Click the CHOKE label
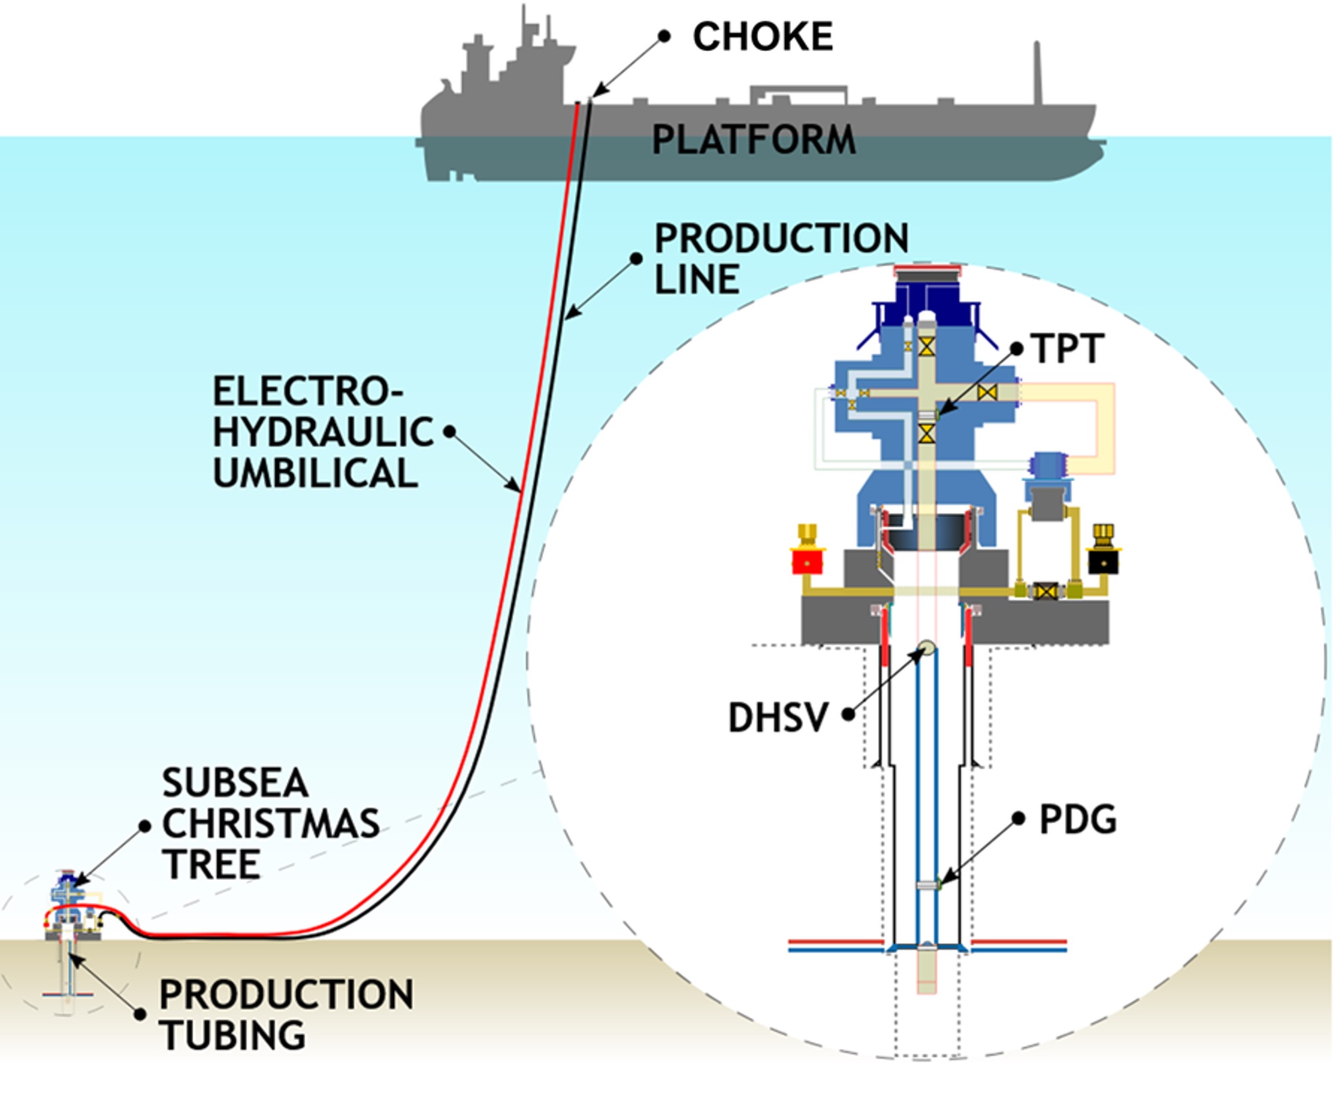762,36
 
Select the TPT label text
1067,348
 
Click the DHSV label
778,718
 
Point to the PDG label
1077,819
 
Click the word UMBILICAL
315,473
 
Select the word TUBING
233,1035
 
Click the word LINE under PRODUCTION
697,278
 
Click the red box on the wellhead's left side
807,561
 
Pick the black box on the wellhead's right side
1103,561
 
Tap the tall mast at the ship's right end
1036,73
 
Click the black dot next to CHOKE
663,37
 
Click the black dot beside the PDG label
1018,819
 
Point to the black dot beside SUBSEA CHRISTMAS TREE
145,826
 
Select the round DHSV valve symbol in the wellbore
926,647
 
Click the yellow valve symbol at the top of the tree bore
927,346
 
